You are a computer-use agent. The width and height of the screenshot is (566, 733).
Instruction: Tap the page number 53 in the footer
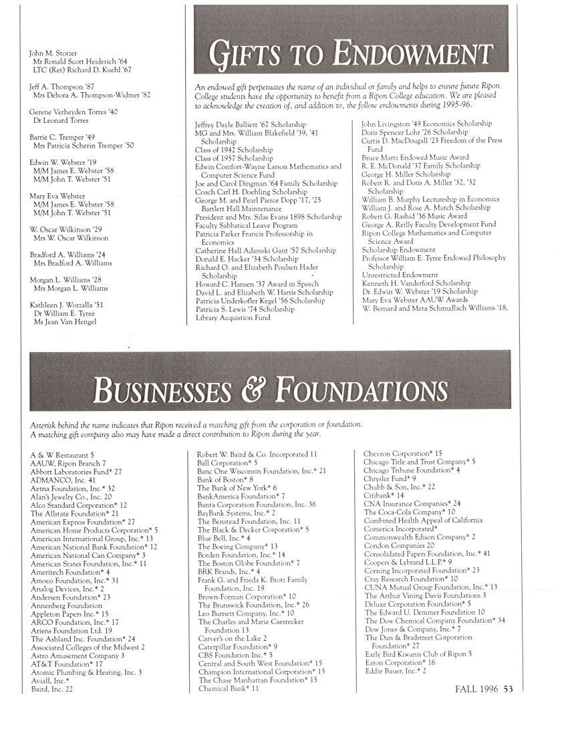[508, 689]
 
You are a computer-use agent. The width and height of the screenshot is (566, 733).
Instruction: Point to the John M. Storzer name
[53, 53]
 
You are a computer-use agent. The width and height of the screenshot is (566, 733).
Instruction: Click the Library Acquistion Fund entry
[233, 317]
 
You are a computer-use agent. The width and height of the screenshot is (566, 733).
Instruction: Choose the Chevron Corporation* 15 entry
[402, 454]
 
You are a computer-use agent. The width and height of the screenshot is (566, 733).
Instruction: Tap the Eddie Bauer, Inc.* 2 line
[396, 671]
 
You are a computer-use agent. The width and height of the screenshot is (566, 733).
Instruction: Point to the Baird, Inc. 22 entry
[52, 690]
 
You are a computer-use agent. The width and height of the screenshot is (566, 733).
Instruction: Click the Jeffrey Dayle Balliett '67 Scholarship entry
[250, 125]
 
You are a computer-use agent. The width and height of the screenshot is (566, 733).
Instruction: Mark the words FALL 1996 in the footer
[477, 689]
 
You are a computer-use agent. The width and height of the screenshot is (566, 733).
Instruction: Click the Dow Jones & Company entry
[412, 629]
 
